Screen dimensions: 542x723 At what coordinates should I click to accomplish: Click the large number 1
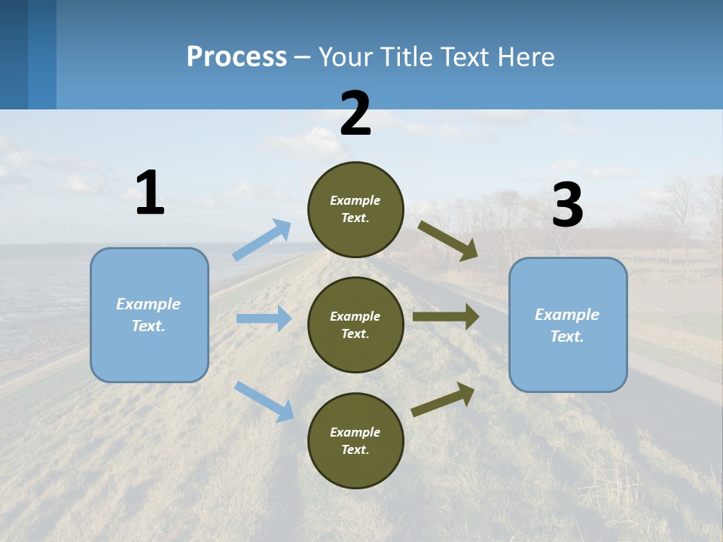150,193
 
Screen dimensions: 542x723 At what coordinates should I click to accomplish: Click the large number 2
355,114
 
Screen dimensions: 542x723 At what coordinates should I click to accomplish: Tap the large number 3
567,206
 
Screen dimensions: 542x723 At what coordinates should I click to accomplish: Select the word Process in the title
236,56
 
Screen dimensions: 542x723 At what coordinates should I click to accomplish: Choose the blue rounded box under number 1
149,315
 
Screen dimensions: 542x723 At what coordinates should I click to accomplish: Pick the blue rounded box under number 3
568,324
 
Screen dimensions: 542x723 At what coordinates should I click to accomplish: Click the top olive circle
355,209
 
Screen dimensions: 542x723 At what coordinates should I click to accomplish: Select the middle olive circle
355,324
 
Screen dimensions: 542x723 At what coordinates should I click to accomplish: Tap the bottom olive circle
355,440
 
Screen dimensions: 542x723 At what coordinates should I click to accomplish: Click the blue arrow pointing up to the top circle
262,239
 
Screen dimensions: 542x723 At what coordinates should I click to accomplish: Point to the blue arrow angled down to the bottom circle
264,400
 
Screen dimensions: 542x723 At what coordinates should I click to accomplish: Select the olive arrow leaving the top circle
448,241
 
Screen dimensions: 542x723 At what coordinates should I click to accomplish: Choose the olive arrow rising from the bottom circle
443,399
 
